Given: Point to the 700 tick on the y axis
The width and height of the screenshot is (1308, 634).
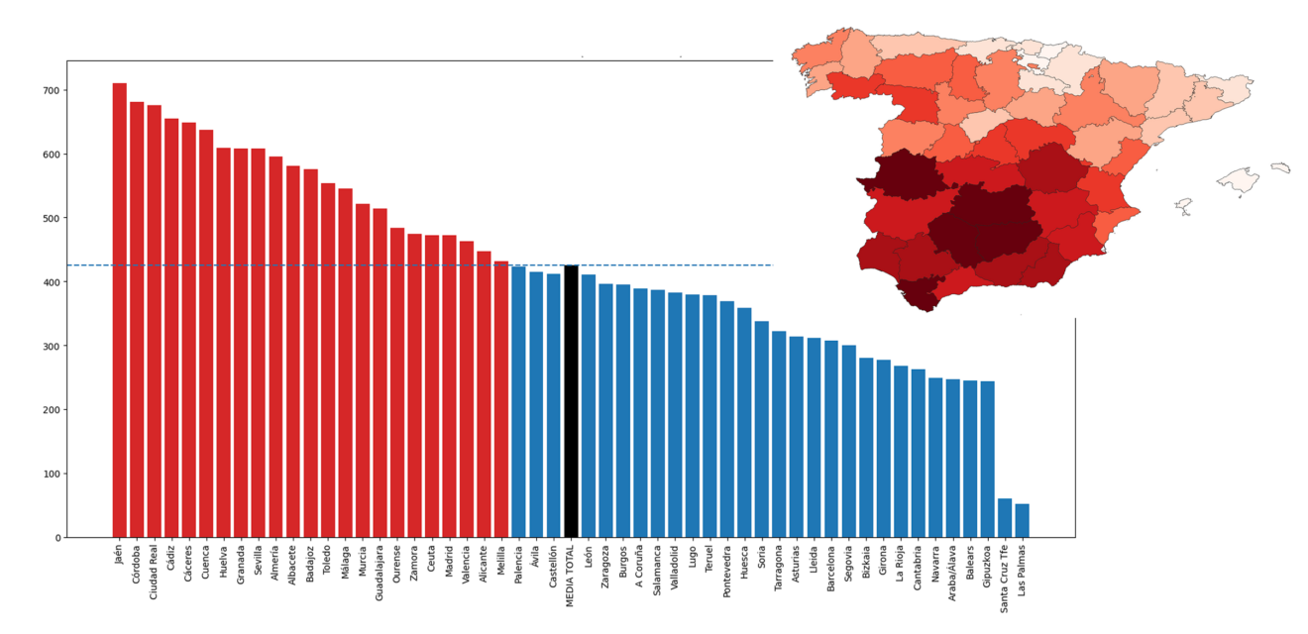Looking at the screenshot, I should (x=49, y=90).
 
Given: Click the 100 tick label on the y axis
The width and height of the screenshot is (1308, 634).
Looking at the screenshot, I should (x=49, y=474).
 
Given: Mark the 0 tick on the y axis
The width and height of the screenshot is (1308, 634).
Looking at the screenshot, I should (x=57, y=538).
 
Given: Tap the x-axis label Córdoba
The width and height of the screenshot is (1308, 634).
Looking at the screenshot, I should (x=137, y=566).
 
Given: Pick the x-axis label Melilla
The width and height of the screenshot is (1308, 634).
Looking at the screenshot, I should (x=501, y=563).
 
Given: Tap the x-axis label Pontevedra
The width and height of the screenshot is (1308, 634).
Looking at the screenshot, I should (x=727, y=572).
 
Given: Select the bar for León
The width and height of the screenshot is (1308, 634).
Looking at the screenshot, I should (x=589, y=406).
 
